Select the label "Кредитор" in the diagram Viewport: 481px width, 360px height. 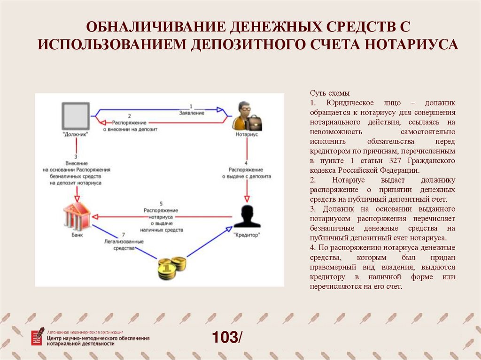(246, 234)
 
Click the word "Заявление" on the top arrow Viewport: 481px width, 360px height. (192, 113)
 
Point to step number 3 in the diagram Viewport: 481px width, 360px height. (75, 156)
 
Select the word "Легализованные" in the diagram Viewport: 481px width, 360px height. (124, 241)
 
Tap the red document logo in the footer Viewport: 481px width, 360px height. (38, 337)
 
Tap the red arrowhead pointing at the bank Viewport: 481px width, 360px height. (95, 216)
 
